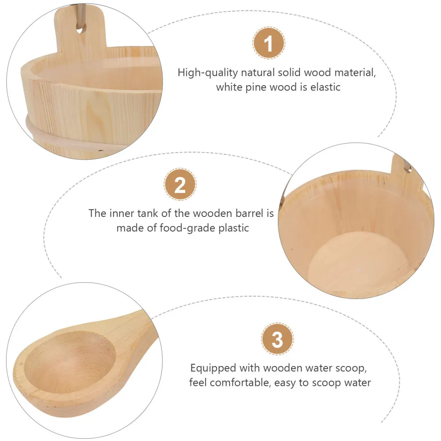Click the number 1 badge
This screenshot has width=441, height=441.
pos(269,44)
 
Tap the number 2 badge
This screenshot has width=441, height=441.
pos(180,185)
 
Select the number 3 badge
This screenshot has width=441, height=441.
pos(277,340)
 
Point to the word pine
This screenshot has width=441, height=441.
pos(256,87)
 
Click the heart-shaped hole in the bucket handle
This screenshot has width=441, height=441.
pos(80,30)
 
